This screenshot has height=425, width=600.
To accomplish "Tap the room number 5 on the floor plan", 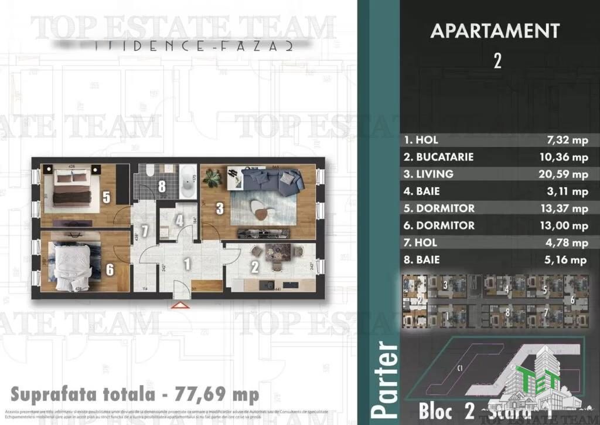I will click(106, 197).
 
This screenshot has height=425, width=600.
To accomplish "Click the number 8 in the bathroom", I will click(162, 187).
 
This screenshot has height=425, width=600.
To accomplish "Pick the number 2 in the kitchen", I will click(255, 268).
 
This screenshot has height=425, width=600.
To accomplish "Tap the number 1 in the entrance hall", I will click(187, 264).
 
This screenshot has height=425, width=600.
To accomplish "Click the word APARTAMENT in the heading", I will click(495, 31).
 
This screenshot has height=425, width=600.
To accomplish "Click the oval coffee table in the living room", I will click(260, 206).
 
